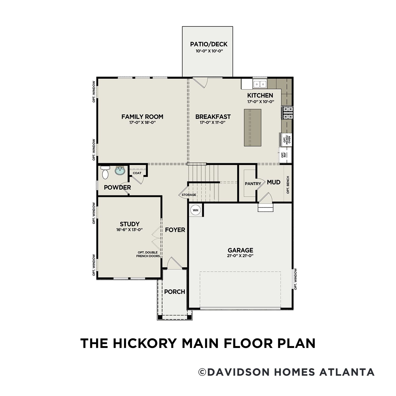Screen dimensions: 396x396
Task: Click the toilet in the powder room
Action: (x=105, y=173)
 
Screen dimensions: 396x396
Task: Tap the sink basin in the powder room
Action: (x=120, y=171)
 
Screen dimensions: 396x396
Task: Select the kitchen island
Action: (x=252, y=128)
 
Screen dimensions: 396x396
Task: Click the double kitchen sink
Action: (x=260, y=84)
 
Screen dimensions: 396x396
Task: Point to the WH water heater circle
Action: (x=195, y=210)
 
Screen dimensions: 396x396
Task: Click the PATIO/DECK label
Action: (x=209, y=44)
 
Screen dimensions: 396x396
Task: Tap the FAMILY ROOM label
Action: (x=142, y=116)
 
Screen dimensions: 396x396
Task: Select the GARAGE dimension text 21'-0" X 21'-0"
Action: (x=240, y=256)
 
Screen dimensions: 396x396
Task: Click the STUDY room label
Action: (x=129, y=224)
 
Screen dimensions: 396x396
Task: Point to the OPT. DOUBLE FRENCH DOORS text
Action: (x=148, y=254)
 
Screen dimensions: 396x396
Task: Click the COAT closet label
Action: (x=137, y=173)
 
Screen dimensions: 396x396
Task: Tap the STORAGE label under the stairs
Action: (x=189, y=195)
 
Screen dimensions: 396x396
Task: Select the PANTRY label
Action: (x=253, y=183)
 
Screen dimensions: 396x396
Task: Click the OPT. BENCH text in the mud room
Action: (x=288, y=185)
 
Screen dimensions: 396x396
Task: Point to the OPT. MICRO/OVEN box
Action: (x=286, y=140)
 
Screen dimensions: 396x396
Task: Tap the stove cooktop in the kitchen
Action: (x=287, y=113)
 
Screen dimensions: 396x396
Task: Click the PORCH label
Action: (x=175, y=292)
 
